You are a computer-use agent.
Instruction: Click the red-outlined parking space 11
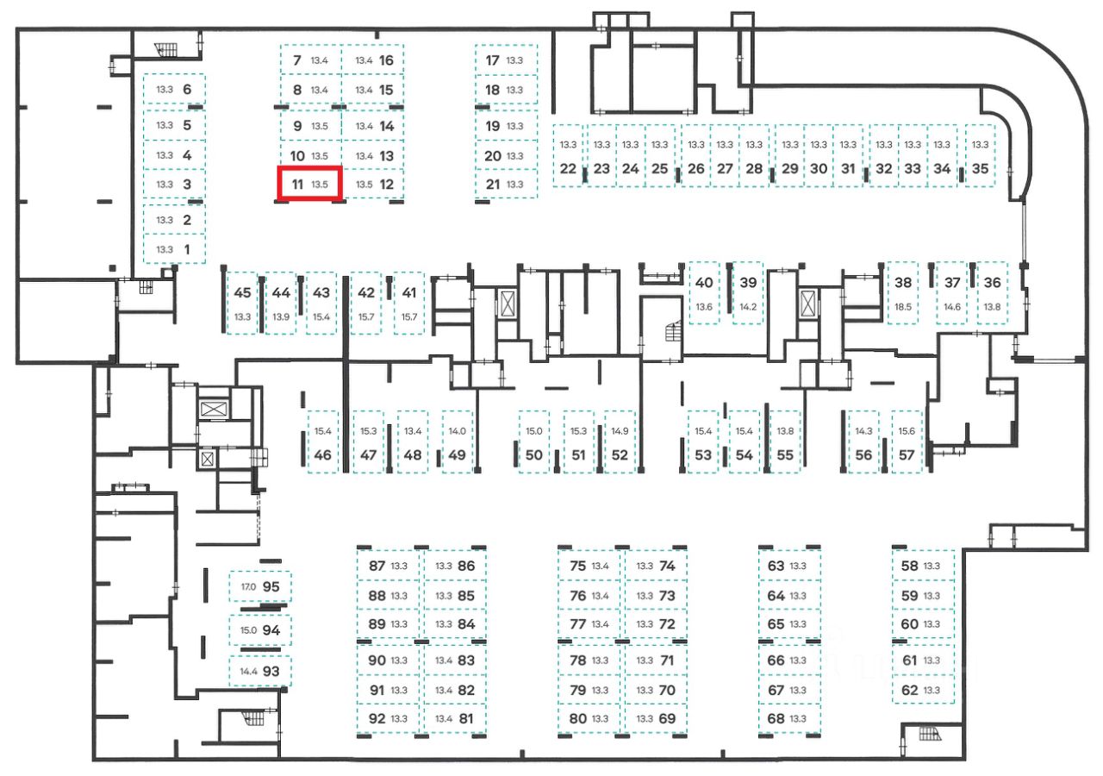309,184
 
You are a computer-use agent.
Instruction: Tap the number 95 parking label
271,586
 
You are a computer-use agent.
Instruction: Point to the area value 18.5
903,307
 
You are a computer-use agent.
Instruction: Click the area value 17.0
248,587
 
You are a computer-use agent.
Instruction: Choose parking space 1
175,249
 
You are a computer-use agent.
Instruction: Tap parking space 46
323,441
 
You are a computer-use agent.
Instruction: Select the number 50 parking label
534,455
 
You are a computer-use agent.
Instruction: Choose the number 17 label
493,60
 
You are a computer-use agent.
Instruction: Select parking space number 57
907,441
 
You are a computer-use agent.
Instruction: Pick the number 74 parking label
667,566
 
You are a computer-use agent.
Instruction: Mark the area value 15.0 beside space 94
248,630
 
